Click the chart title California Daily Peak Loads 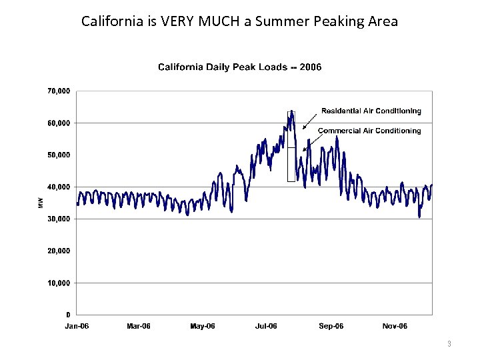[239, 67]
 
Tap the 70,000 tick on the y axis [59, 91]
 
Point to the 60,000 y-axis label [59, 123]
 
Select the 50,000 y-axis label [59, 155]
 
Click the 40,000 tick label [59, 187]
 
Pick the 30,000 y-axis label [59, 219]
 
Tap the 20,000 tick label [59, 251]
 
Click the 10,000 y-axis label [59, 283]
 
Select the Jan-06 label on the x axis [77, 326]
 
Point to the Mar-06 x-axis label [139, 326]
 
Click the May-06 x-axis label [203, 326]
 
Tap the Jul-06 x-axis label [266, 326]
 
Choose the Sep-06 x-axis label [331, 326]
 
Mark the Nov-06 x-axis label [395, 326]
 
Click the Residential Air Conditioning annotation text [371, 111]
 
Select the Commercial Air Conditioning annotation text [369, 131]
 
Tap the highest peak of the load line [291, 111]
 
